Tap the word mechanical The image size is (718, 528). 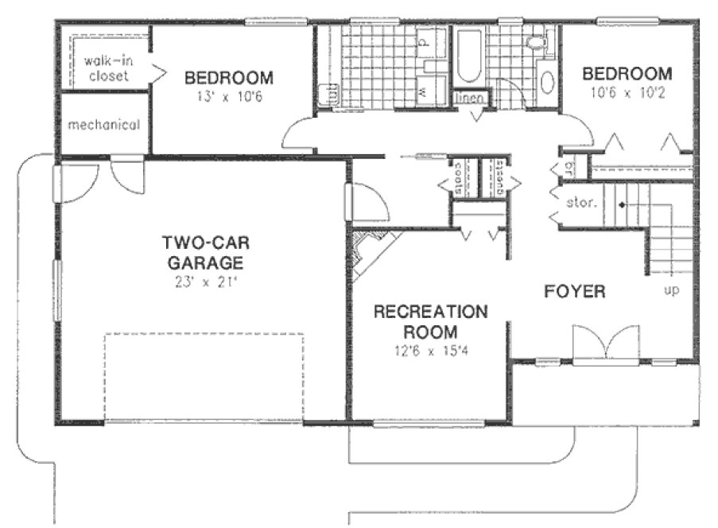(103, 125)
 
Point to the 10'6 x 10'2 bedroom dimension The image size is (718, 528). (627, 91)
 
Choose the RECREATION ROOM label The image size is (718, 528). (430, 320)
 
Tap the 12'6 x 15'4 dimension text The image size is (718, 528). (430, 351)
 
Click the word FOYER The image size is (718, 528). (574, 292)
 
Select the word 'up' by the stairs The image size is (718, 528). (671, 290)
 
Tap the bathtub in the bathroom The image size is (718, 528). (468, 56)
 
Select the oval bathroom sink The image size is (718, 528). (549, 83)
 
